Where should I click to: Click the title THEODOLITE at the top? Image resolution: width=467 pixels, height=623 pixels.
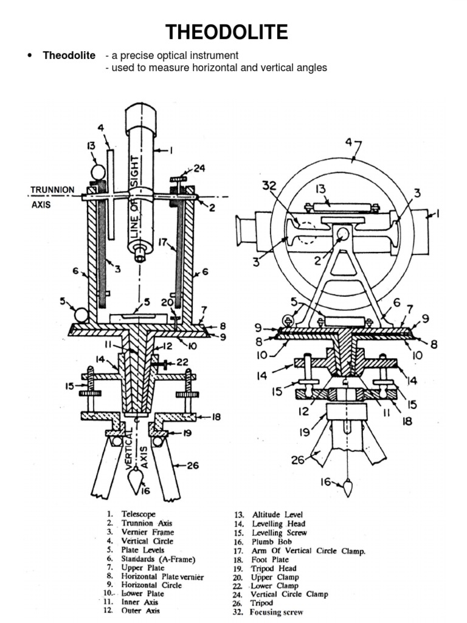tap(233, 32)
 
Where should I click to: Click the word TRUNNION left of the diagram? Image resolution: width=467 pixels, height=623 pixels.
tap(53, 190)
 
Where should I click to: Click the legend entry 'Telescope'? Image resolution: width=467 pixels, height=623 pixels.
tap(139, 514)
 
